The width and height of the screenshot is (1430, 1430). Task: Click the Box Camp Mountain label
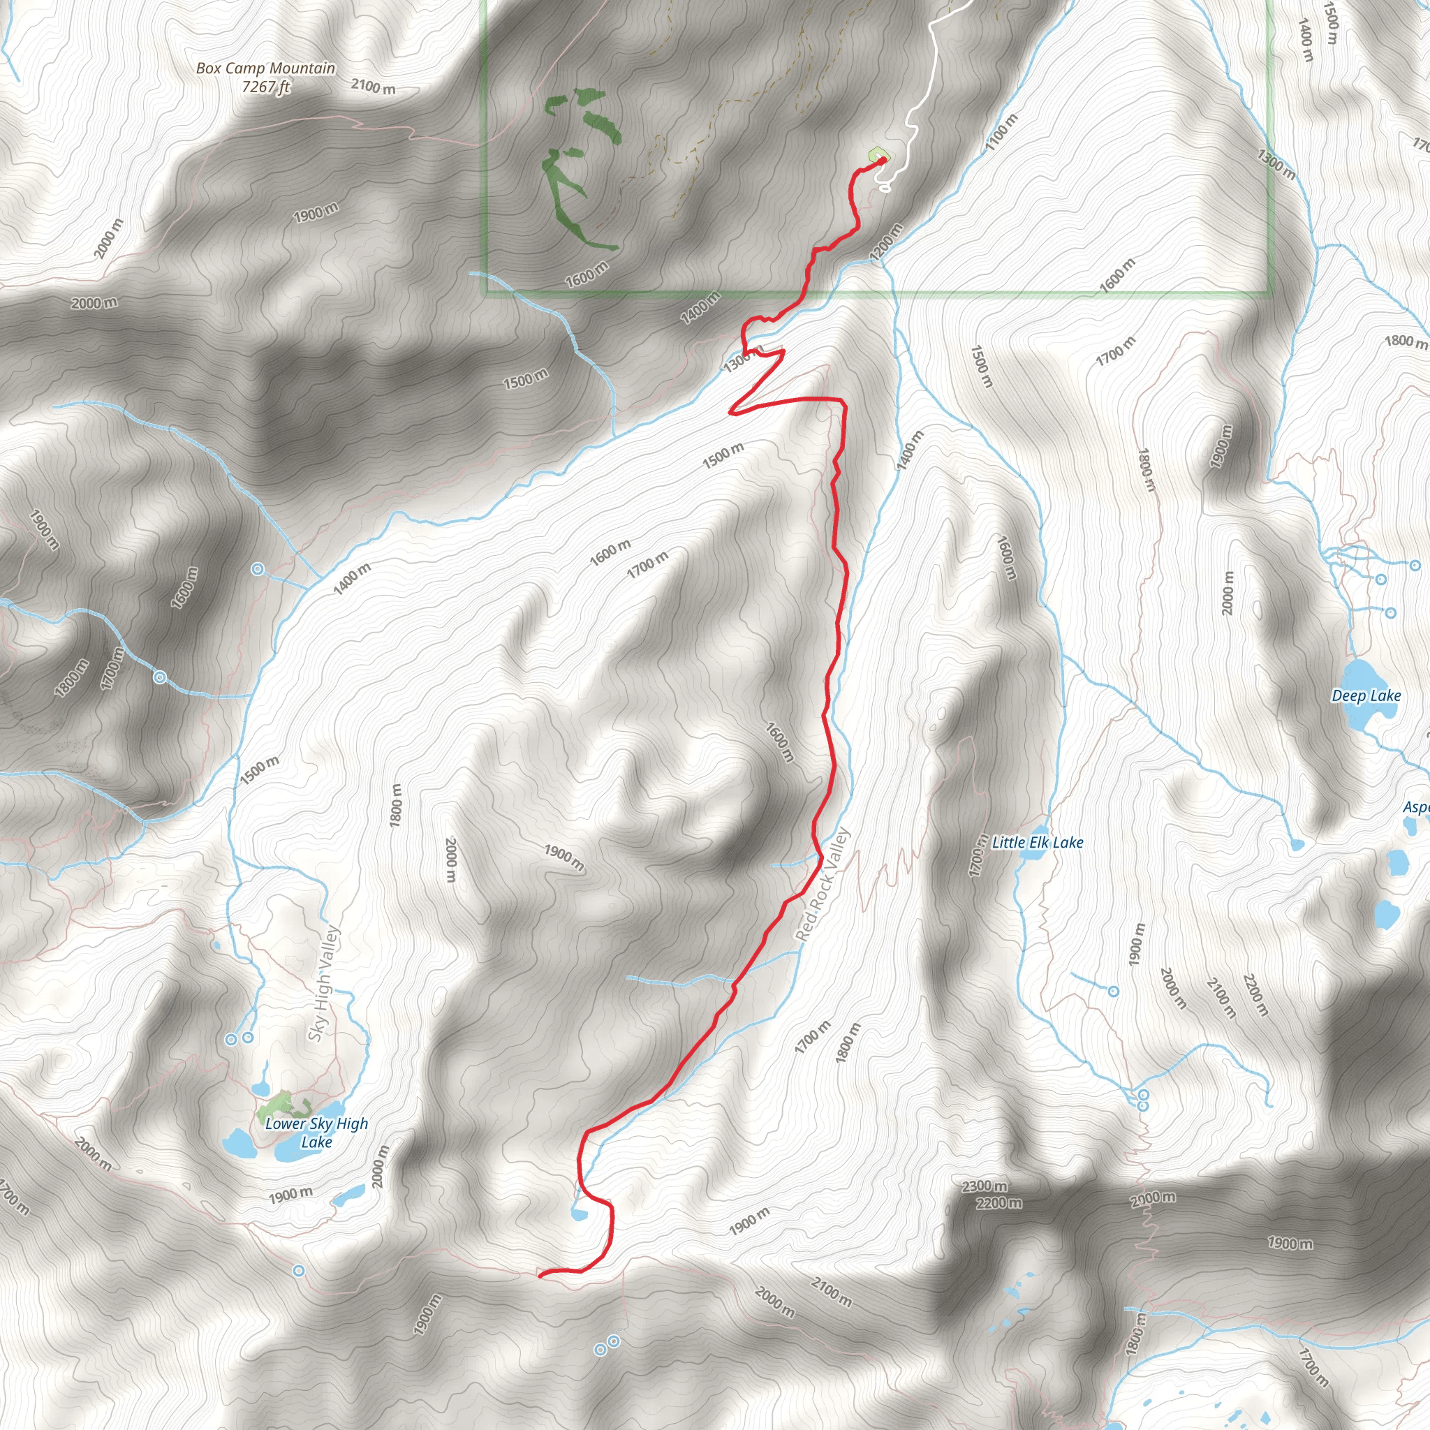pyautogui.click(x=265, y=68)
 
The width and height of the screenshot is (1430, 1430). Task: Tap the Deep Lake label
pyautogui.click(x=1366, y=695)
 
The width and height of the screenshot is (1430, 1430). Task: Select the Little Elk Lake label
pyautogui.click(x=1038, y=842)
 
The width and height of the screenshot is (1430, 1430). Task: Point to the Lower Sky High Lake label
pyautogui.click(x=316, y=1133)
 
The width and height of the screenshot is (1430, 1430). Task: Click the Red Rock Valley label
pyautogui.click(x=823, y=885)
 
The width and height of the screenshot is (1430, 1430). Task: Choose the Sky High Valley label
pyautogui.click(x=324, y=984)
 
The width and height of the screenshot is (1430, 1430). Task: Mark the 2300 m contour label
pyautogui.click(x=984, y=1186)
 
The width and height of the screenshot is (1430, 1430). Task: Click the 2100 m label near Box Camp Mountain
pyautogui.click(x=373, y=87)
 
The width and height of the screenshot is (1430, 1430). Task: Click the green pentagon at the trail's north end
pyautogui.click(x=878, y=155)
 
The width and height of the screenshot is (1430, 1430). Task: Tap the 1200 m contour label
pyautogui.click(x=887, y=242)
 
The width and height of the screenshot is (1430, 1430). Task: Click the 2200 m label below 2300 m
pyautogui.click(x=998, y=1203)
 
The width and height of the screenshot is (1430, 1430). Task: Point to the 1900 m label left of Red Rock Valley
pyautogui.click(x=564, y=858)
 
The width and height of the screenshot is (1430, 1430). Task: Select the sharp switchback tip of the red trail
pyautogui.click(x=732, y=411)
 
